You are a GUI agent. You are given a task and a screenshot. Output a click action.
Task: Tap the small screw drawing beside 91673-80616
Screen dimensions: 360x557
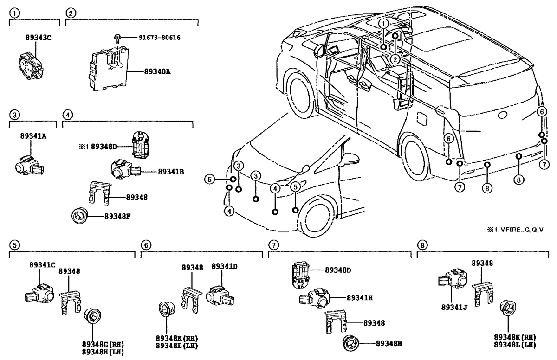[118, 38]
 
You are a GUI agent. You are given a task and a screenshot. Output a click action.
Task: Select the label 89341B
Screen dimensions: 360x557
[171, 172]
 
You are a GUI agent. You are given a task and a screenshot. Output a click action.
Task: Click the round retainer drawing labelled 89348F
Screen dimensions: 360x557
[80, 216]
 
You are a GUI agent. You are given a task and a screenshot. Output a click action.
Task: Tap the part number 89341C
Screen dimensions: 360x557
[42, 264]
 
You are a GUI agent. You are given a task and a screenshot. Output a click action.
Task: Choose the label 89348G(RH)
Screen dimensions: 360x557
[102, 344]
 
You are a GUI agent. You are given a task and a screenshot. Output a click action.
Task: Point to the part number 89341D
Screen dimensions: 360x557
[225, 266]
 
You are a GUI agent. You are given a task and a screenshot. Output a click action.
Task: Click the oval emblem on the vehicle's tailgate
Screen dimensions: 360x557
[502, 116]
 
